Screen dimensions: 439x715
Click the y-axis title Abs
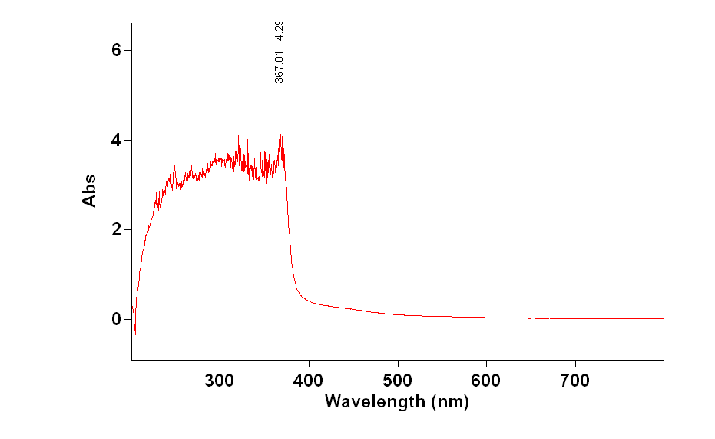pos(90,189)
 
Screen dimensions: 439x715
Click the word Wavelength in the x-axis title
pos(374,401)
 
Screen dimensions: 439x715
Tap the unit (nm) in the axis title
pos(449,401)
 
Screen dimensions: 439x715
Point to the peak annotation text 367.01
pos(280,65)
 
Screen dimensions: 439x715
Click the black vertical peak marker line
pos(280,104)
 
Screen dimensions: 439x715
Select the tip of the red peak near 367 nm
pos(280,128)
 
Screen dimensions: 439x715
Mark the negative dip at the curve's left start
pos(135,334)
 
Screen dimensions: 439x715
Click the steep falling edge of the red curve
pos(289,231)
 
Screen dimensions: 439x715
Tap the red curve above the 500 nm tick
pos(397,314)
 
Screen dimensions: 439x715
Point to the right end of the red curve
pos(662,318)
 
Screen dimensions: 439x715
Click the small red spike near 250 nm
pos(174,161)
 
